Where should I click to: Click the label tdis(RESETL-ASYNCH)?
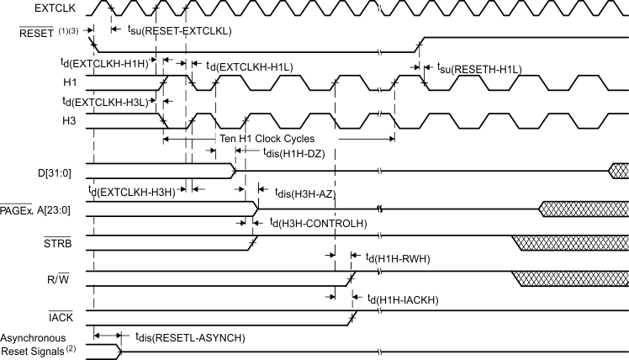pos(190,336)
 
